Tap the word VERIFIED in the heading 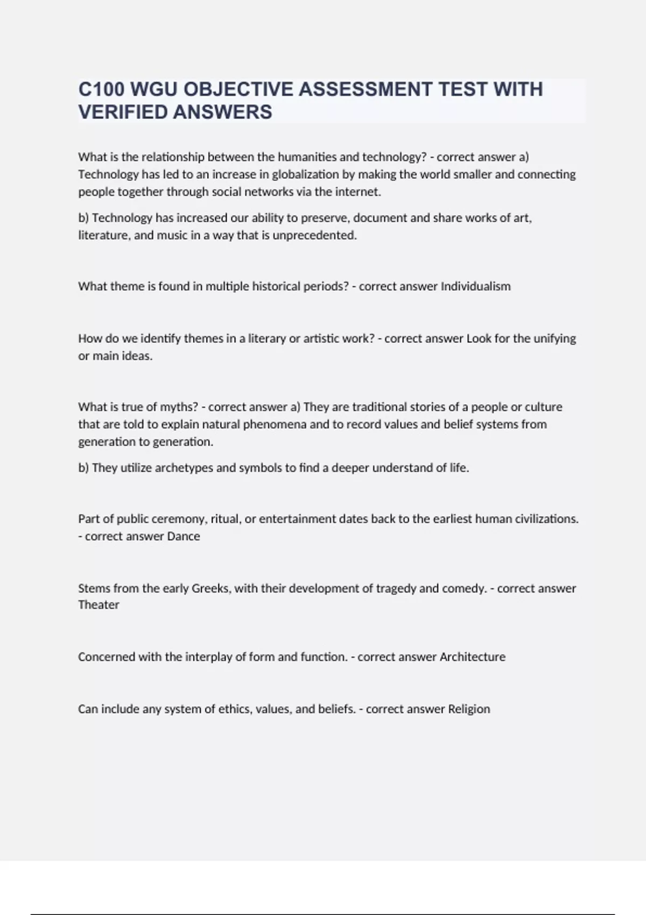[x=122, y=112]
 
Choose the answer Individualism [x=475, y=286]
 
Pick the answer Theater [x=99, y=605]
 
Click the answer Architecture [x=472, y=657]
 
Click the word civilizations [x=547, y=519]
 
